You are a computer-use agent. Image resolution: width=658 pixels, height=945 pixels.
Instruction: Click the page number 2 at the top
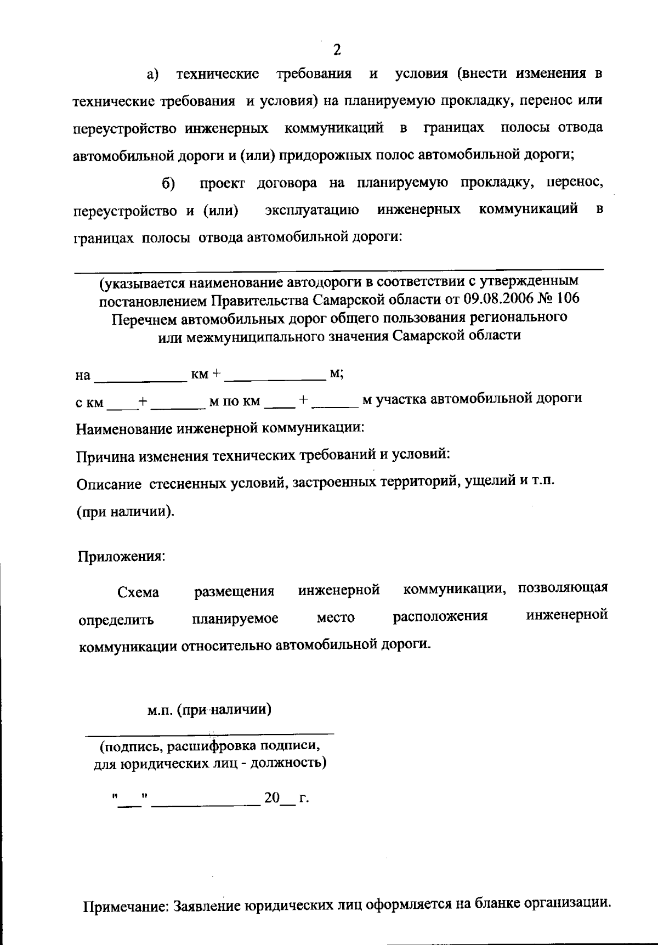(x=337, y=50)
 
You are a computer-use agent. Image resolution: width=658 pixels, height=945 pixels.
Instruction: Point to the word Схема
(x=138, y=592)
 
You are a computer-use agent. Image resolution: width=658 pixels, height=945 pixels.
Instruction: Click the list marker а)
(x=152, y=74)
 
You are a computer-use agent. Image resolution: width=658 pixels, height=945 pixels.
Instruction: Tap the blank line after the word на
(x=141, y=377)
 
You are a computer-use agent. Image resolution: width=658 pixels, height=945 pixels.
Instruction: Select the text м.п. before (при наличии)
(x=160, y=710)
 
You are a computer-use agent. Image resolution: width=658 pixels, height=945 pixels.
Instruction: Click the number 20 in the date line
(x=272, y=797)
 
